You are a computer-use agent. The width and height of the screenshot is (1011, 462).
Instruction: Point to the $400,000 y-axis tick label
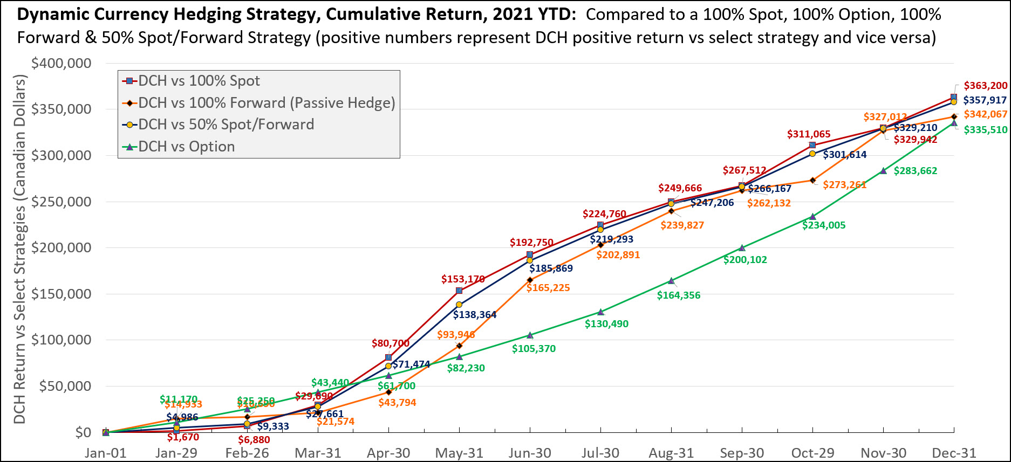tap(62, 64)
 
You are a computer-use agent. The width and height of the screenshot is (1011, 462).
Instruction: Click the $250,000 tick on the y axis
tap(62, 202)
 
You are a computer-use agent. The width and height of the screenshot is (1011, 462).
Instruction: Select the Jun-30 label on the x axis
tap(530, 453)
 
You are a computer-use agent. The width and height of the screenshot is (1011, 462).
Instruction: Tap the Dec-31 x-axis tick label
tap(954, 453)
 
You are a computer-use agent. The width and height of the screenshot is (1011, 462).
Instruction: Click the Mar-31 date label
tap(318, 453)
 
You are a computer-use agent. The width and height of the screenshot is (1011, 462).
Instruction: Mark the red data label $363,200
tap(986, 86)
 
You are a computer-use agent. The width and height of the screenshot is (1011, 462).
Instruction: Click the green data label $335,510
tap(986, 130)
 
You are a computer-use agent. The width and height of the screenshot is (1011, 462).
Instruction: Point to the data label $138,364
tap(475, 315)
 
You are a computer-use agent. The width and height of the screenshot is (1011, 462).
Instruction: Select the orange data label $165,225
tap(548, 288)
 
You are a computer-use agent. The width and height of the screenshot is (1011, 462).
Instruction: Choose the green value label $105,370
tap(534, 349)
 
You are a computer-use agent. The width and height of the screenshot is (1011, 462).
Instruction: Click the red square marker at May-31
tap(459, 291)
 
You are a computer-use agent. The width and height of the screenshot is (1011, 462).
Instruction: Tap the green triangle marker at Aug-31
tap(671, 281)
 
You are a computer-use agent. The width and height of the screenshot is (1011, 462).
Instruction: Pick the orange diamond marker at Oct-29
tap(812, 180)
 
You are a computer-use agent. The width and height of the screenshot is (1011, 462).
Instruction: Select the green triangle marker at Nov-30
tap(883, 171)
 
